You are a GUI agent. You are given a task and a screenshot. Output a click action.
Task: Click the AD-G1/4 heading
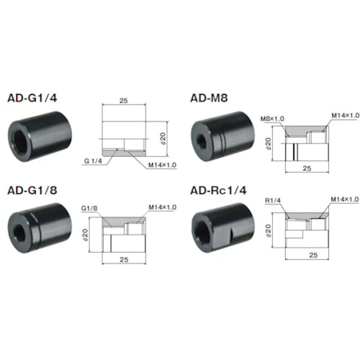click(x=32, y=98)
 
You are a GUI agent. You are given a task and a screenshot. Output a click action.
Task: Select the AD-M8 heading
click(x=209, y=98)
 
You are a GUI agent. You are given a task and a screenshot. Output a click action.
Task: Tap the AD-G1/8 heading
click(x=32, y=190)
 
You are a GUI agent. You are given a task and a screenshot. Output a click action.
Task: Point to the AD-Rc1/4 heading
click(x=218, y=190)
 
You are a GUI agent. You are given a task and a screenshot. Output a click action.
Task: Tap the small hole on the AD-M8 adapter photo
click(x=202, y=139)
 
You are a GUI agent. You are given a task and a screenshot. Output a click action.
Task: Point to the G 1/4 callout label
click(x=93, y=161)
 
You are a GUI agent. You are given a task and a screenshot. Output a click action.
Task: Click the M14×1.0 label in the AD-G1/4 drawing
click(x=162, y=165)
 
